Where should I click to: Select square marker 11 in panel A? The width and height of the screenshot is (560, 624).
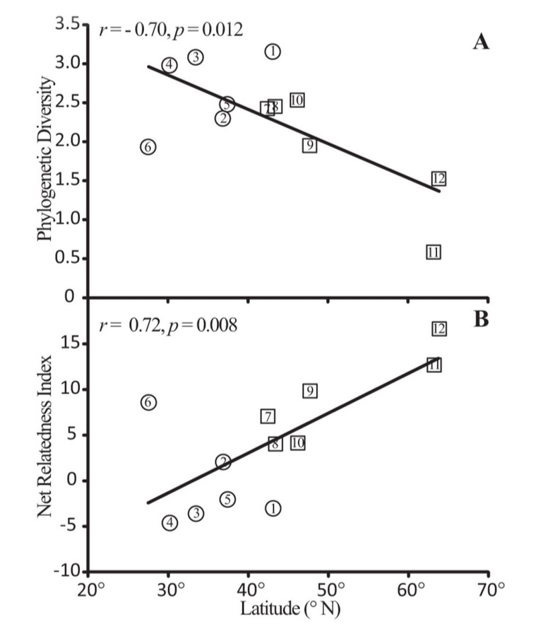click(434, 252)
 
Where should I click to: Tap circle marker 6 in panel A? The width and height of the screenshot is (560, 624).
click(148, 147)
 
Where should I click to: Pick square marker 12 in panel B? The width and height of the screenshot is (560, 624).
click(439, 329)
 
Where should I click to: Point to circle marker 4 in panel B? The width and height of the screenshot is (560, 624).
click(169, 522)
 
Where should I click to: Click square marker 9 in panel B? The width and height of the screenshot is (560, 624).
click(309, 391)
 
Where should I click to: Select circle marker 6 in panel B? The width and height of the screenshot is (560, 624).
click(148, 402)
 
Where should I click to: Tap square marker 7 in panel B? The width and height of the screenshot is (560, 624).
click(268, 416)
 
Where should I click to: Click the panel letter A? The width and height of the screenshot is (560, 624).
click(480, 42)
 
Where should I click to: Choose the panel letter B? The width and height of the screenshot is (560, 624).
click(481, 319)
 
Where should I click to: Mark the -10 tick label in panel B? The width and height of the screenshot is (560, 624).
click(71, 571)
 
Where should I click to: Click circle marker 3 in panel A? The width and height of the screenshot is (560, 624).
click(196, 57)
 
